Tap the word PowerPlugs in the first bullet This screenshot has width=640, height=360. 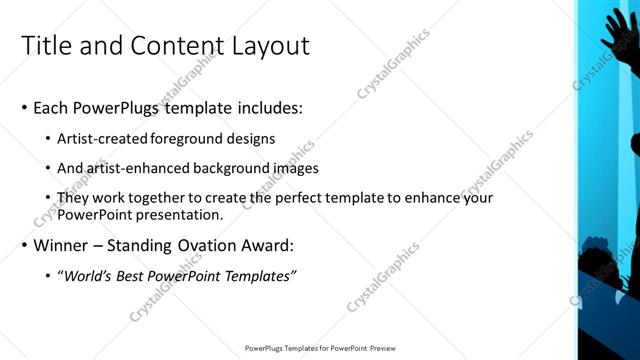123,107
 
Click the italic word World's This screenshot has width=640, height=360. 86,275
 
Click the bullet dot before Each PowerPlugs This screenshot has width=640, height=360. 24,108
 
